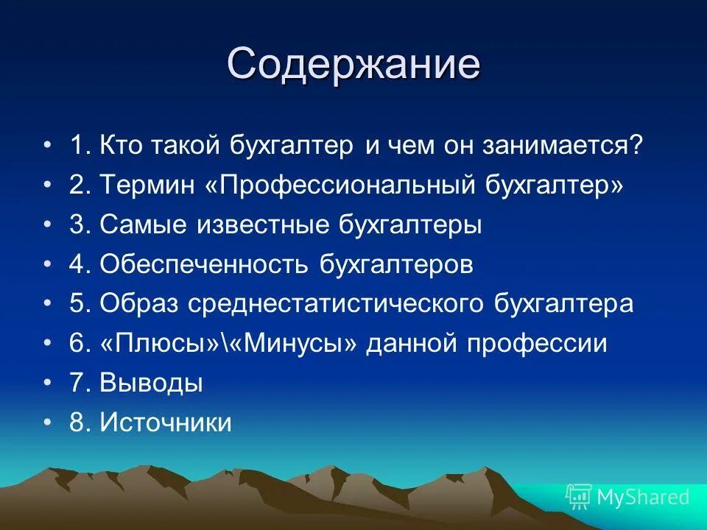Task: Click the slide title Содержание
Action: (353, 64)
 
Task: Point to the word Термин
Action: (148, 185)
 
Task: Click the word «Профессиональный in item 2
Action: (341, 185)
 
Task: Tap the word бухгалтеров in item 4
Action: (396, 264)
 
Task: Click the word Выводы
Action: (152, 384)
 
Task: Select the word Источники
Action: (166, 423)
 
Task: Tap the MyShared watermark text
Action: (643, 497)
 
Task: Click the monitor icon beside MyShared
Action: (579, 497)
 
